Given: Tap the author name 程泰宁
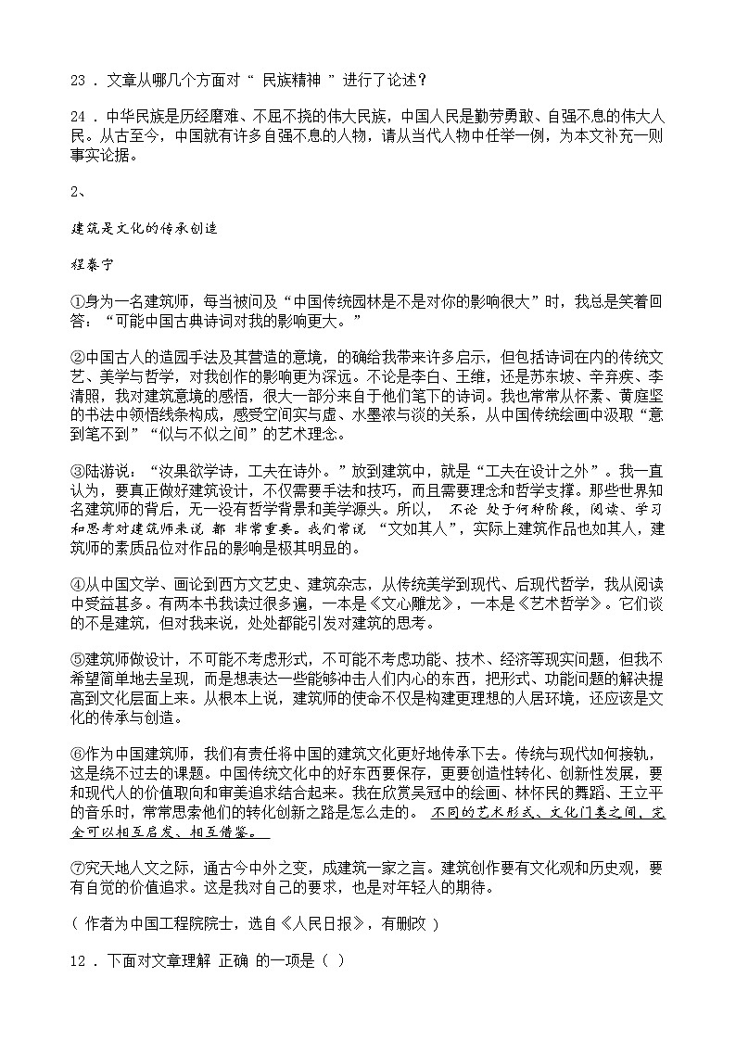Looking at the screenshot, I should coord(91,262).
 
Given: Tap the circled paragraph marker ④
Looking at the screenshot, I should coord(77,584).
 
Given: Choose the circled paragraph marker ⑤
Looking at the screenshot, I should coord(77,659).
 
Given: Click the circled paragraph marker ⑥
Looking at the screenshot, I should coord(77,753).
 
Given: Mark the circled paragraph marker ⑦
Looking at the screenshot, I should coord(77,868).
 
